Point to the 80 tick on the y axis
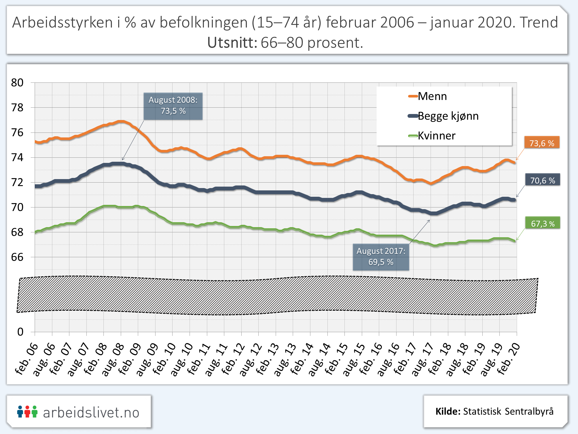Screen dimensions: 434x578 click(17, 83)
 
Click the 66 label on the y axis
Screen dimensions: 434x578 click(17, 257)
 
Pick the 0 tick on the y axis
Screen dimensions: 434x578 click(20, 332)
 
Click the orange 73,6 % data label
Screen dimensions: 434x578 click(542, 143)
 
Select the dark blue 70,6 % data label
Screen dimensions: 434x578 click(542, 180)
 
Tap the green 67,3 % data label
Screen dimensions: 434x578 click(543, 223)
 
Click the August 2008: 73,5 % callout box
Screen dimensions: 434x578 click(173, 106)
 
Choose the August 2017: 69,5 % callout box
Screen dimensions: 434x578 click(381, 257)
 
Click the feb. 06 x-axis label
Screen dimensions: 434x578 click(27, 359)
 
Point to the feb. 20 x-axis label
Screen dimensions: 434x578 click(509, 359)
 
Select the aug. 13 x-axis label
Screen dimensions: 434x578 click(285, 360)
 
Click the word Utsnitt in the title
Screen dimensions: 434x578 click(232, 43)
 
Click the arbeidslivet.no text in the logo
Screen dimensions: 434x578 click(91, 412)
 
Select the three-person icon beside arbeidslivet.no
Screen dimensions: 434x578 click(27, 411)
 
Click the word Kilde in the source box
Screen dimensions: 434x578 click(448, 411)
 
